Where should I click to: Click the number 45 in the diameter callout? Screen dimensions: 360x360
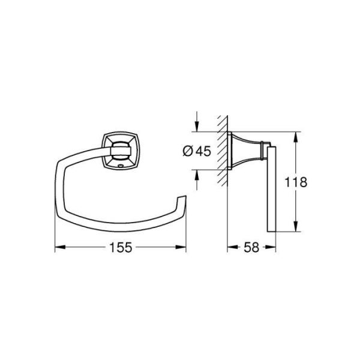203,151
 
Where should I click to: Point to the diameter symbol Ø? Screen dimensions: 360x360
187,151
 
